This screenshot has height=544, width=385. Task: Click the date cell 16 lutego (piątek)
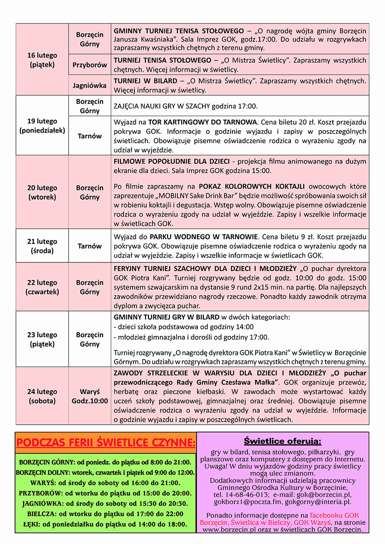(x=42, y=60)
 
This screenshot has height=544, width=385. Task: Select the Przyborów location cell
(x=89, y=65)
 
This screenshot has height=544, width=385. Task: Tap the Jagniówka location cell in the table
(x=89, y=85)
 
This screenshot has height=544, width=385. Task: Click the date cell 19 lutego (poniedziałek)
(x=42, y=126)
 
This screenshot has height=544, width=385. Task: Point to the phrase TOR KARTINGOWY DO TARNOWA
(x=202, y=122)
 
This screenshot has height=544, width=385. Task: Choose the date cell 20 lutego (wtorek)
(x=42, y=192)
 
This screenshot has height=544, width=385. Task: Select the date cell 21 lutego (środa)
(x=42, y=246)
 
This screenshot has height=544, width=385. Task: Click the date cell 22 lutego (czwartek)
(x=42, y=287)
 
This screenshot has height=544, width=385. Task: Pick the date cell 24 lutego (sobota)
(x=42, y=396)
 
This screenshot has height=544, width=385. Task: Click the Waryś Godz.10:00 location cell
(x=89, y=396)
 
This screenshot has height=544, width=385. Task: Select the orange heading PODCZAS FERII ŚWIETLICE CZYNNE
(x=106, y=442)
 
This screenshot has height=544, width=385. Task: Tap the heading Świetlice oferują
(x=282, y=441)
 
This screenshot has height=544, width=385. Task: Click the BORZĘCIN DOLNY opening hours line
(x=105, y=472)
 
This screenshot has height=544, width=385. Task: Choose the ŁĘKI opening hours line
(x=105, y=524)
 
